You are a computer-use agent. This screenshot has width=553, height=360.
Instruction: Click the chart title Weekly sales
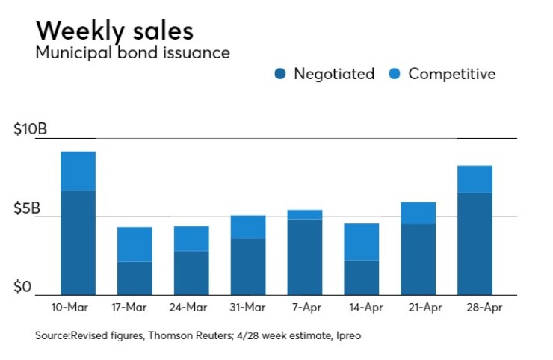[x=114, y=31]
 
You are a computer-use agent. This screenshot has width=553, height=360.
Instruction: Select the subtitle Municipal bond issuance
[x=132, y=53]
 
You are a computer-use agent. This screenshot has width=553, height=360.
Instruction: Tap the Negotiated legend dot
[x=280, y=74]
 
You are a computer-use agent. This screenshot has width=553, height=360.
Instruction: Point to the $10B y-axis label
[x=31, y=130]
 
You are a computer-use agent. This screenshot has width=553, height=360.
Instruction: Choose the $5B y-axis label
[x=27, y=208]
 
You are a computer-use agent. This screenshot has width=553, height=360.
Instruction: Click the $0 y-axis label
[x=22, y=287]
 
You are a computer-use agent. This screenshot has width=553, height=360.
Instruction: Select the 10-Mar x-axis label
[x=78, y=307]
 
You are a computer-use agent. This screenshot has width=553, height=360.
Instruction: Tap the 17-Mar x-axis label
[x=135, y=307]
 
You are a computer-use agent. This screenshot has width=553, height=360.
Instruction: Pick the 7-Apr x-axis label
[x=305, y=307]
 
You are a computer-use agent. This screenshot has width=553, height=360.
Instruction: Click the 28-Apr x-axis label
[x=475, y=307]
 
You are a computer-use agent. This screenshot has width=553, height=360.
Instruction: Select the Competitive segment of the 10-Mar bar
[x=78, y=171]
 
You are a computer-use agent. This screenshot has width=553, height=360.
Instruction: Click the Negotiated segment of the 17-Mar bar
[x=135, y=278]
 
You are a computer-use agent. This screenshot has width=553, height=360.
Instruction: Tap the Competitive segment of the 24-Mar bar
[x=191, y=238]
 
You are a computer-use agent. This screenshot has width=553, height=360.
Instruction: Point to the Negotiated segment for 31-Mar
[x=248, y=267]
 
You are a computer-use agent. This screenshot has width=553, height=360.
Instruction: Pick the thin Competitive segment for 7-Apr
[x=305, y=214]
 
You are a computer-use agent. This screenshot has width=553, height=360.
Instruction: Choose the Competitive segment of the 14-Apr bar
[x=362, y=241]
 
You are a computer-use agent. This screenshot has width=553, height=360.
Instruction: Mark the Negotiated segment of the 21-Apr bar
[x=418, y=259]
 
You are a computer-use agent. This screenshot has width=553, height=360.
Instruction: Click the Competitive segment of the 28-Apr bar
[x=475, y=179]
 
